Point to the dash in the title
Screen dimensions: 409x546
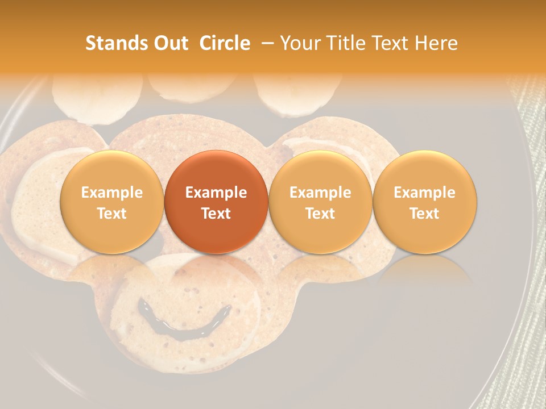point(266,43)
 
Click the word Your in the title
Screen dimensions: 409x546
point(299,43)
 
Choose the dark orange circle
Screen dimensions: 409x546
point(216,202)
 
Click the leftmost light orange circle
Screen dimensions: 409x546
point(112,202)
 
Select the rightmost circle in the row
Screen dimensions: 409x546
point(425,202)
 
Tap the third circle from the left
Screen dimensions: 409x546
point(320,202)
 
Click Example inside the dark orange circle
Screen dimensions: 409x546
point(216,193)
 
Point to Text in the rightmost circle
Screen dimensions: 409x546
point(425,214)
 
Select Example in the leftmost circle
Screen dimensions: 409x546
point(112,193)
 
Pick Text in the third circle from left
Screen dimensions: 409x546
point(320,214)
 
